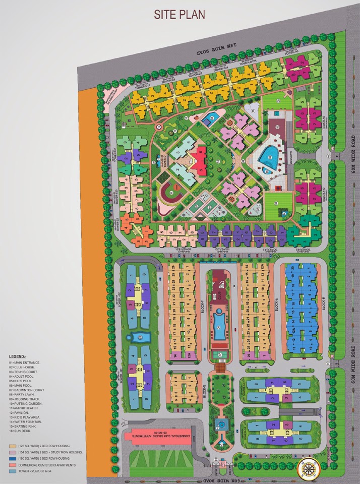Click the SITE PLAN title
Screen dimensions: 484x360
point(179,14)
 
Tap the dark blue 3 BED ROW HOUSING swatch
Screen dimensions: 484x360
point(12,459)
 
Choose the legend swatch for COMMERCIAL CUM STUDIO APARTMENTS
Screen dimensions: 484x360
point(12,465)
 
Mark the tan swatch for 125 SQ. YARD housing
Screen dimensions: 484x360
point(12,447)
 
